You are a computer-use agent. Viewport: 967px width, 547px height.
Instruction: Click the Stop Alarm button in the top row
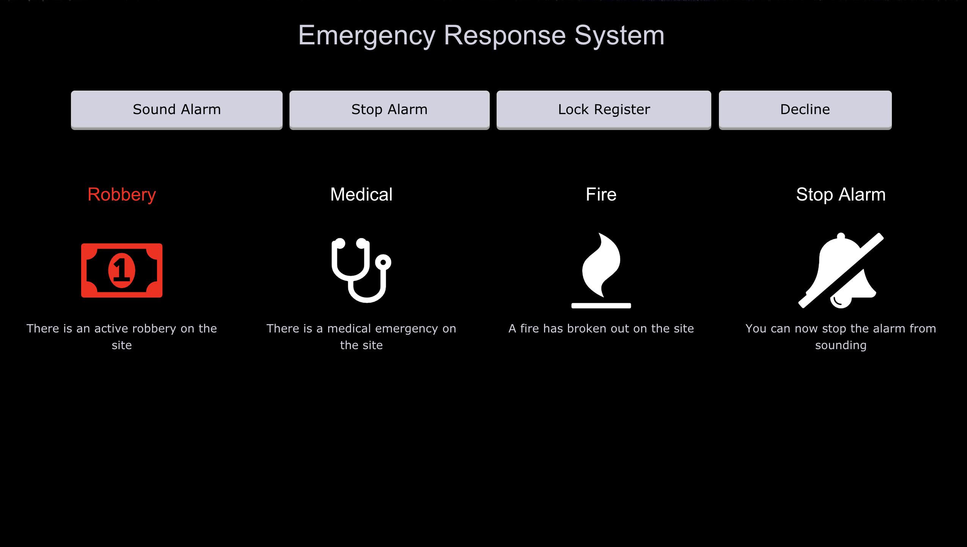(389, 110)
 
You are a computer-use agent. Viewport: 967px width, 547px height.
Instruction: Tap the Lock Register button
(604, 110)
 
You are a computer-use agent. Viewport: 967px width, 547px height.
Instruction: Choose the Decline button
(805, 110)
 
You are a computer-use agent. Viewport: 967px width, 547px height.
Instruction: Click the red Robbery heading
(122, 195)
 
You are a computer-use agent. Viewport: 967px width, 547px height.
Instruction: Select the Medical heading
(361, 195)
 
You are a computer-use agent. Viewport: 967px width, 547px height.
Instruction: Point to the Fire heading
(601, 195)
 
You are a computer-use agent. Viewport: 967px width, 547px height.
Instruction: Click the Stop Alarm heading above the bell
(840, 195)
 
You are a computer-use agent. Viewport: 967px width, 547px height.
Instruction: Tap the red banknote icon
(122, 270)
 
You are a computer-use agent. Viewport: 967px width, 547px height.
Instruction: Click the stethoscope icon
(361, 270)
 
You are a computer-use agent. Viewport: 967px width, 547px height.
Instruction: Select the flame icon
(601, 265)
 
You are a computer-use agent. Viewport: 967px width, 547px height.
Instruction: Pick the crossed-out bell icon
(841, 270)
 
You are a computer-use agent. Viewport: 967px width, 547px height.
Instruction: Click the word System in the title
(619, 36)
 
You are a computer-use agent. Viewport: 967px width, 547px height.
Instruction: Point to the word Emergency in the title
(366, 36)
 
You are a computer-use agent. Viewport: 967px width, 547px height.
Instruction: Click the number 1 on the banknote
(122, 270)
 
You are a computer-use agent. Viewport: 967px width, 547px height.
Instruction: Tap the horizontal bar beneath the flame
(601, 306)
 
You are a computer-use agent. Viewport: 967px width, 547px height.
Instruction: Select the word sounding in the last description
(841, 345)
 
